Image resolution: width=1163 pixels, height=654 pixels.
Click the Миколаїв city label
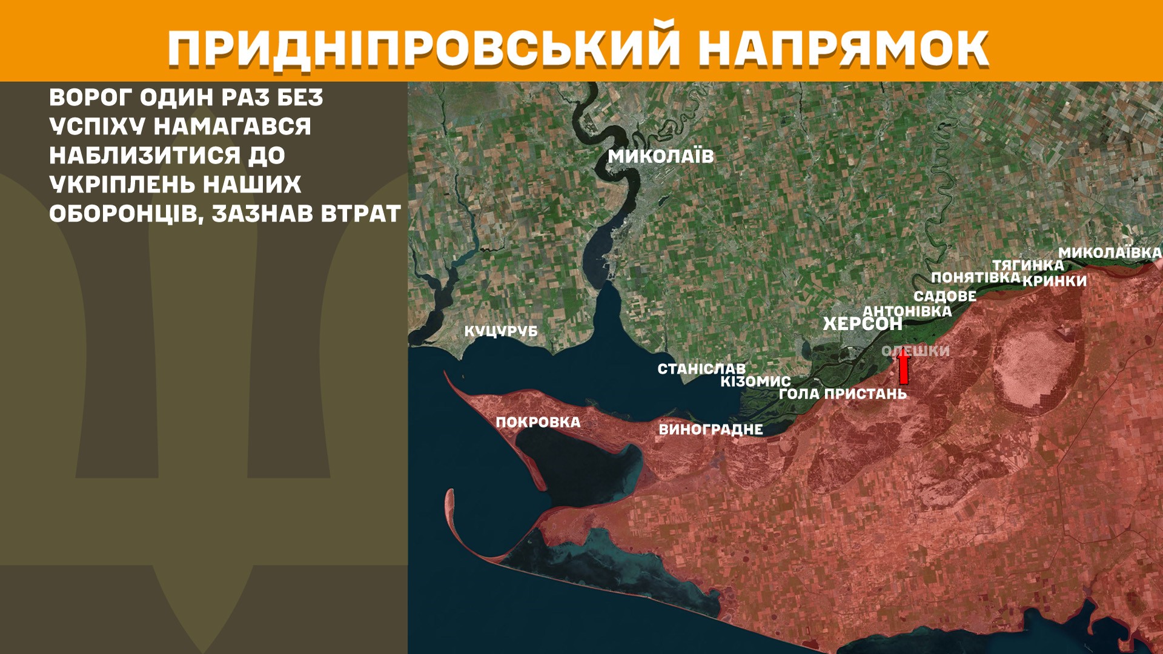[x=661, y=156]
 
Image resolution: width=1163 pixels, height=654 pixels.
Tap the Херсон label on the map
[x=863, y=324]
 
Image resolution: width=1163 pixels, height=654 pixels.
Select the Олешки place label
[x=916, y=351]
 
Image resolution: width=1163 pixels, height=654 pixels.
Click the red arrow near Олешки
[x=903, y=368]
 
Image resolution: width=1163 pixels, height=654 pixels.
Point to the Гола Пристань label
[x=843, y=394]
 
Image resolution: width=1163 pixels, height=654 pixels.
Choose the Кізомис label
[x=755, y=381]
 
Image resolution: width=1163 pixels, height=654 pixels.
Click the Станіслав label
[x=701, y=368]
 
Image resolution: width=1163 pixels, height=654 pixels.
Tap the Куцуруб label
[x=501, y=331]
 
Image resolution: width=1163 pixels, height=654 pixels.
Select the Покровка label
[x=538, y=422]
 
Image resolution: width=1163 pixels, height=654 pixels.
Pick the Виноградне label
[x=711, y=429]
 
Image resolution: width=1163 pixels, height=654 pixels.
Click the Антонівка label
[x=907, y=311]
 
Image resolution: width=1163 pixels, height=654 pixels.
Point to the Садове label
[x=945, y=296]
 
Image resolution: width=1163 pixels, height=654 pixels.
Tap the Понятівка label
[x=975, y=277]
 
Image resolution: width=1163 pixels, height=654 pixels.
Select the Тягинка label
[x=1028, y=265]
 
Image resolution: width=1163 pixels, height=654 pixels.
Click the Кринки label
[x=1055, y=281]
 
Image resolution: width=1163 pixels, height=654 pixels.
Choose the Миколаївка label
[x=1110, y=253]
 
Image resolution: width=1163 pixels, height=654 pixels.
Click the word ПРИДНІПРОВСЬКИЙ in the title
[x=423, y=48]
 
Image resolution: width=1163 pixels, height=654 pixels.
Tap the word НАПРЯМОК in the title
[x=843, y=48]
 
